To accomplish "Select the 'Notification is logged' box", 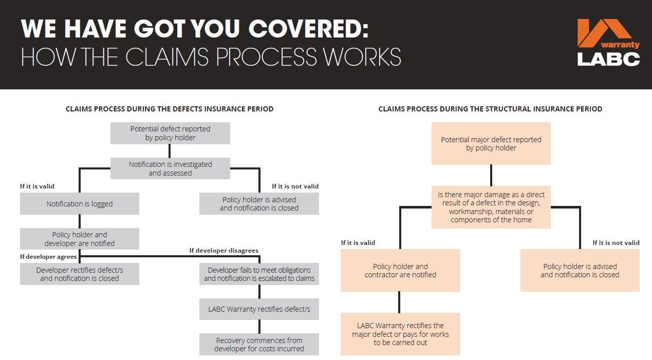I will click(x=80, y=204).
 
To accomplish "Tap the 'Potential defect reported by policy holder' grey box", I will click(x=170, y=133).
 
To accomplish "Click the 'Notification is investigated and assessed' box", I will click(x=170, y=168).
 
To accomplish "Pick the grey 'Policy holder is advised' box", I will click(x=259, y=204).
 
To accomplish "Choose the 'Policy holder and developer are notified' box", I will click(x=80, y=239).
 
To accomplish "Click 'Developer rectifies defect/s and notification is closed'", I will click(x=80, y=274).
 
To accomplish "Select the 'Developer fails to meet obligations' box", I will click(x=259, y=274).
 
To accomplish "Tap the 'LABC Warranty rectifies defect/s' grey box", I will click(x=259, y=309).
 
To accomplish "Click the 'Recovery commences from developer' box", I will click(x=259, y=344).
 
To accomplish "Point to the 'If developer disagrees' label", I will click(x=223, y=251).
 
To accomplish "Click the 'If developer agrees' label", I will click(x=48, y=256).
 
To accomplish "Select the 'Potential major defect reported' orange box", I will click(x=491, y=143).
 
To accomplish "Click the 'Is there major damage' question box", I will click(x=491, y=207).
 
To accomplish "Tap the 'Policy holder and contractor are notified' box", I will click(x=400, y=270).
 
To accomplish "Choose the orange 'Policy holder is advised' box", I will click(x=580, y=270).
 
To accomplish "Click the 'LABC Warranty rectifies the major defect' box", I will click(x=400, y=334).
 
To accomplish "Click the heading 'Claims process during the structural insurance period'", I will click(x=490, y=109).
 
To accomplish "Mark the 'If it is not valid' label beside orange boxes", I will click(x=616, y=243).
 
